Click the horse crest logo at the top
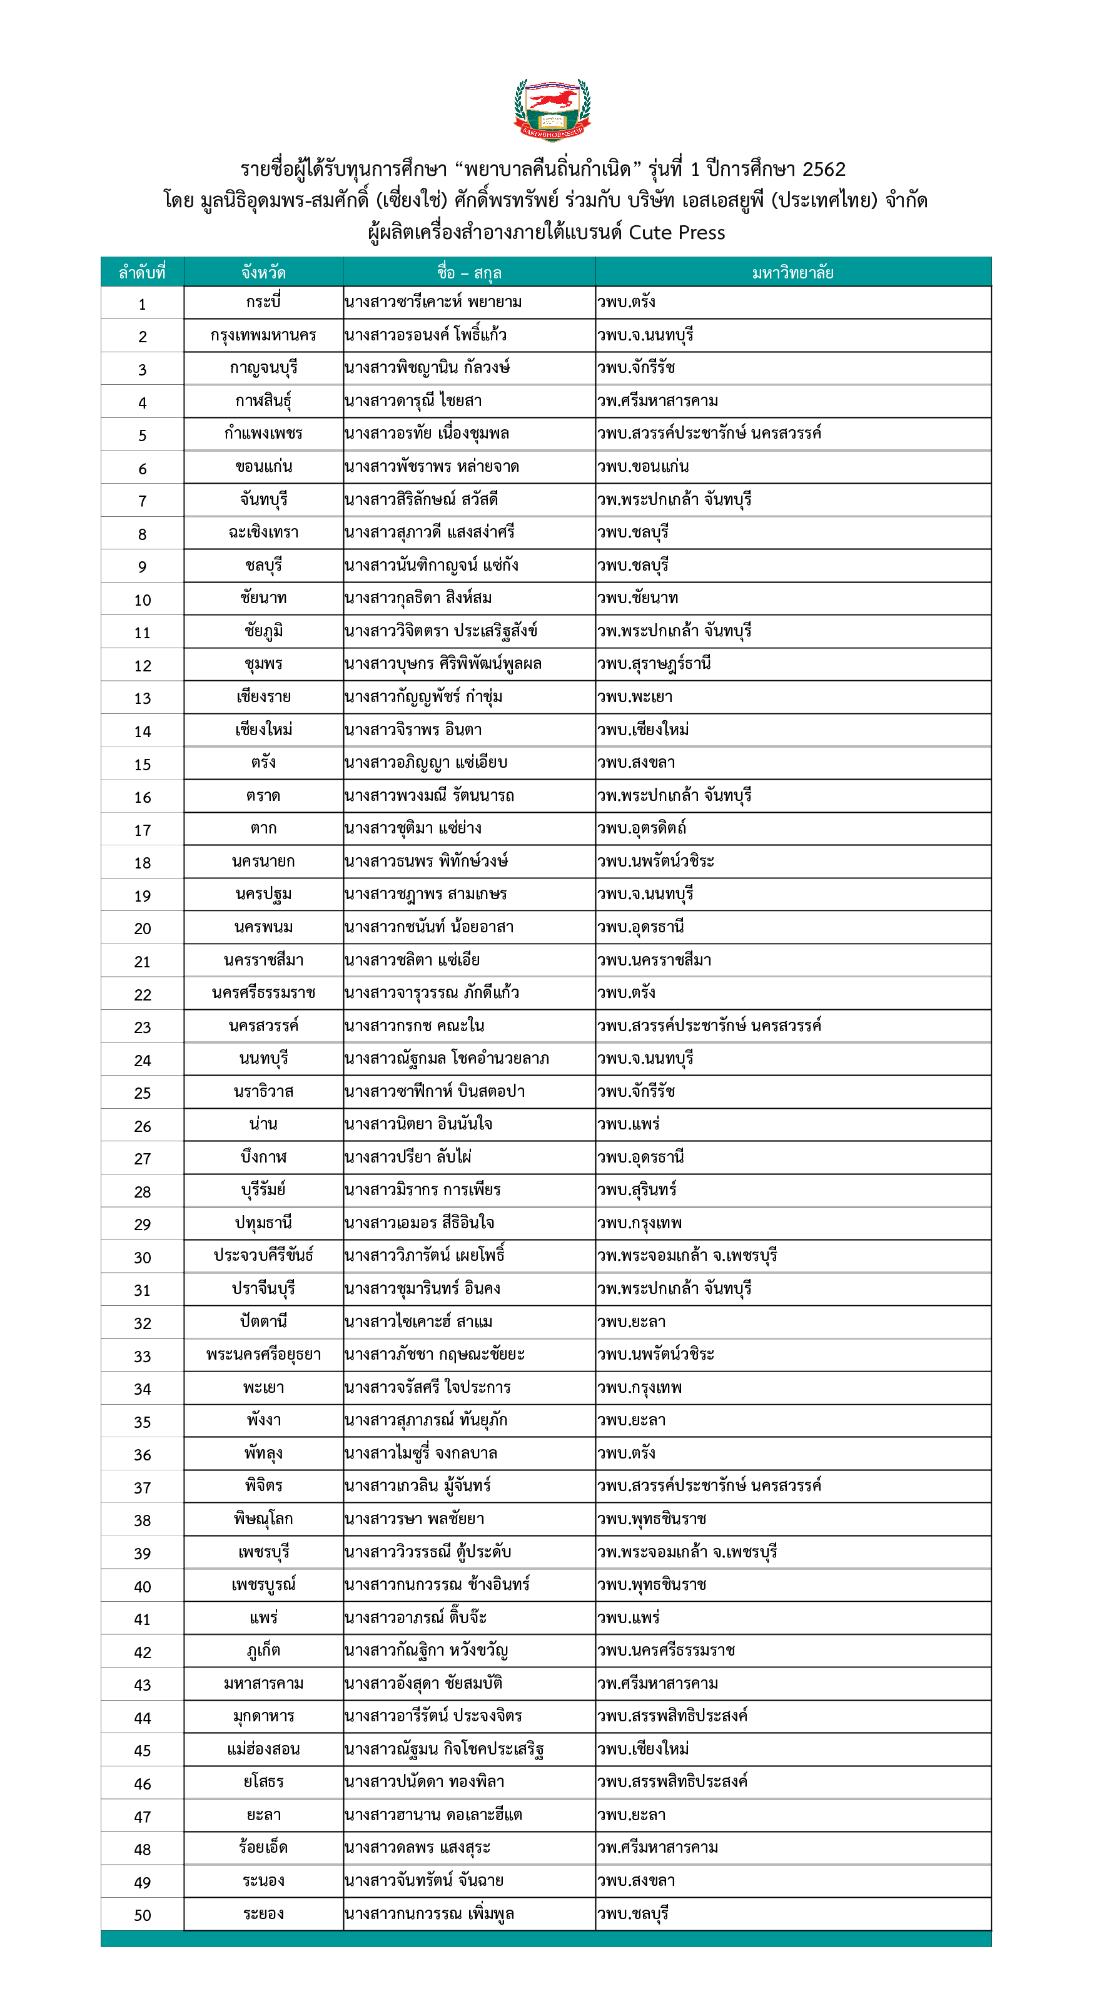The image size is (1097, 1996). point(552,109)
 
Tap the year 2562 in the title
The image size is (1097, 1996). point(824,169)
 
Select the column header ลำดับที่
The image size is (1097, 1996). point(142,273)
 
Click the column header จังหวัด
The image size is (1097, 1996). point(263,273)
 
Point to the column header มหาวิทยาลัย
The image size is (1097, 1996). point(792,273)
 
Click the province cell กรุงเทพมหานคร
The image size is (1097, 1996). point(263,335)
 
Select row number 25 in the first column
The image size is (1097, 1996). point(143,1093)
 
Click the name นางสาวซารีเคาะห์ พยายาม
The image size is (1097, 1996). point(433,302)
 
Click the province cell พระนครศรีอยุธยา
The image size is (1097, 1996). point(263,1355)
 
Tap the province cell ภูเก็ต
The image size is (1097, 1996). point(263,1651)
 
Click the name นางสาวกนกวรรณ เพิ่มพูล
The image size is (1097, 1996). point(429,1914)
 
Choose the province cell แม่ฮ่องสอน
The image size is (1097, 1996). point(263,1749)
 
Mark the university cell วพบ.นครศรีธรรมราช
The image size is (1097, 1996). point(666,1651)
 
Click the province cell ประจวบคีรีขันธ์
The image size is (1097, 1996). point(263,1256)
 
